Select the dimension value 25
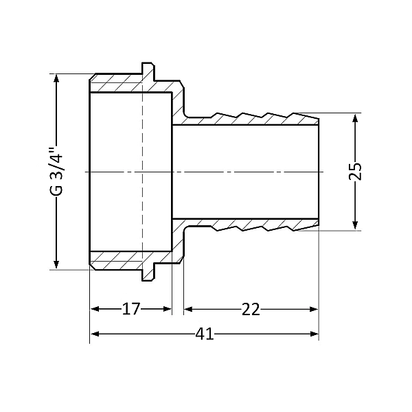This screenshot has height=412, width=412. pyautogui.click(x=355, y=171)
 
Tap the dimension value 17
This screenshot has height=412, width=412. pyautogui.click(x=130, y=310)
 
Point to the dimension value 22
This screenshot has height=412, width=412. pyautogui.click(x=251, y=310)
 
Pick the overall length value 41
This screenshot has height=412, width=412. pyautogui.click(x=204, y=334)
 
